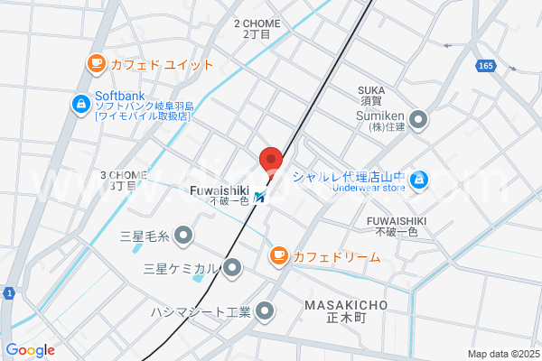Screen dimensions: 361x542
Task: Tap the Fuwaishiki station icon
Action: coord(260,195)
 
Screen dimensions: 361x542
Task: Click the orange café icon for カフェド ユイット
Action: coord(95,63)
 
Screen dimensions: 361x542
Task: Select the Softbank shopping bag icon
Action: coord(80,105)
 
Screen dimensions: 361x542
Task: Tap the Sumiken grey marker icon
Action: coord(418,118)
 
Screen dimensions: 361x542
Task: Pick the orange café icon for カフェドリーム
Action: coord(278,257)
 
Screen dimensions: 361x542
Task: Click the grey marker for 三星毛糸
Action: coord(184,236)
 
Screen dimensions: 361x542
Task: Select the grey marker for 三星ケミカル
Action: coord(233,267)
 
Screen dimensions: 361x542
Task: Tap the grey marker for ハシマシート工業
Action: coord(266,311)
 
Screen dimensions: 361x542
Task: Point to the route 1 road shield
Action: coord(7,293)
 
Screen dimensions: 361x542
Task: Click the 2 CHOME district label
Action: coord(257,28)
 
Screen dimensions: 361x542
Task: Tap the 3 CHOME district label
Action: coord(124,180)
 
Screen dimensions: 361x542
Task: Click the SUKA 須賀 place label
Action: coord(371,97)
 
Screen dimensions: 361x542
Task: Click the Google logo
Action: coord(30,350)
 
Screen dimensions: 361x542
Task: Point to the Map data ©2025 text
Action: coord(503,354)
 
